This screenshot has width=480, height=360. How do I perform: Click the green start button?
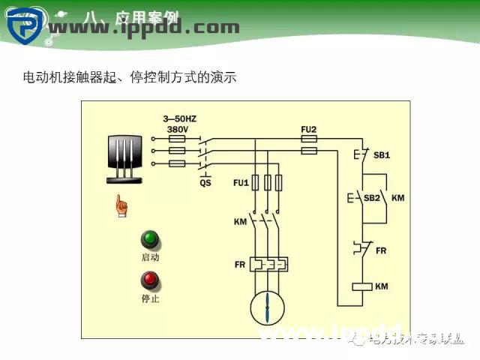tap(151, 240)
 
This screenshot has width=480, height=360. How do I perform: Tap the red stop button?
tap(151, 280)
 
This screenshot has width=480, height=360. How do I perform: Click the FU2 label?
tap(308, 129)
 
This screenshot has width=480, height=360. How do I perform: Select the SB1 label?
tap(382, 155)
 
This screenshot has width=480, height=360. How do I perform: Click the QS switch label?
tap(205, 182)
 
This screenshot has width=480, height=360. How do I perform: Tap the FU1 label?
tap(241, 182)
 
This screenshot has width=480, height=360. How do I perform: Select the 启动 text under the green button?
tap(151, 257)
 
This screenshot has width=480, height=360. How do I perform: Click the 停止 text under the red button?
tap(151, 298)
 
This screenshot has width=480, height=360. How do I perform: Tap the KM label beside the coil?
tap(381, 286)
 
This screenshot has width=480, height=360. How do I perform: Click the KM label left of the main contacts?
tap(240, 223)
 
